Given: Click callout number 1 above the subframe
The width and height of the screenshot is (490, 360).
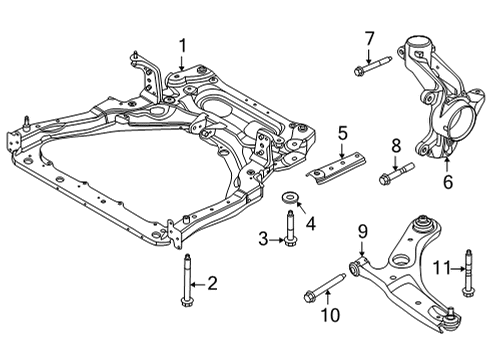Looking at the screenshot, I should pos(183,44).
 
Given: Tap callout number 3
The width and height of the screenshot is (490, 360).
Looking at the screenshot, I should pos(262,239).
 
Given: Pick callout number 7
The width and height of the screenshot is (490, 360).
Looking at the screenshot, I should pos(368,39).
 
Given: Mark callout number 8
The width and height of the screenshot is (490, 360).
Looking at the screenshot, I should pos(396,146).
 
